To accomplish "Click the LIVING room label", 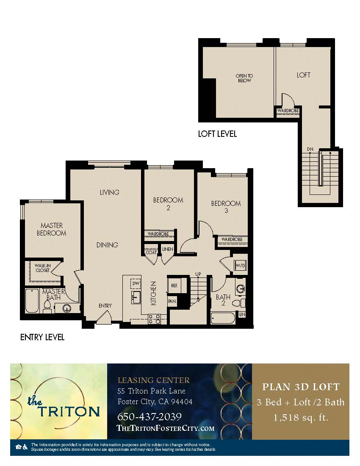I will tap(109, 192).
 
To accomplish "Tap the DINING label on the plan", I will tap(107, 245).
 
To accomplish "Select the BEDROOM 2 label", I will tap(168, 204).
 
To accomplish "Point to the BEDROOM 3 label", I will tap(226, 207).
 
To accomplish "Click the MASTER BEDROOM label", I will tap(51, 229).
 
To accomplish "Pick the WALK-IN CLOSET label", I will tap(43, 268).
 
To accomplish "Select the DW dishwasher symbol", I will tap(136, 283).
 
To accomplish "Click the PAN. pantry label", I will tap(172, 301).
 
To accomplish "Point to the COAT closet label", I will tap(151, 252).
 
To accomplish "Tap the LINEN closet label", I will tap(167, 249).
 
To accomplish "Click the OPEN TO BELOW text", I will tap(244, 78).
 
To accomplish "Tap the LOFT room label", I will tap(303, 75).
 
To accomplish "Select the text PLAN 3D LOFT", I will tap(301, 387).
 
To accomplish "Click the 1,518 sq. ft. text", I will tap(301, 418).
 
